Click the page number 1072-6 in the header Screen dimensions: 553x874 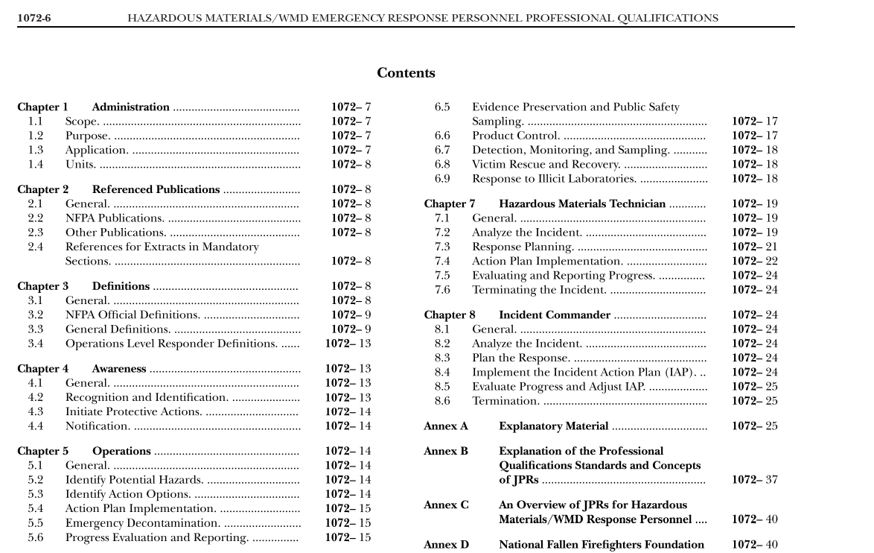point(34,18)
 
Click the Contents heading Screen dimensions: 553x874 point(406,73)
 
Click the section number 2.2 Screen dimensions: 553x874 point(36,218)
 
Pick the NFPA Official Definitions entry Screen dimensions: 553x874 point(133,315)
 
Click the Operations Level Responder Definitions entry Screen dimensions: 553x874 point(171,344)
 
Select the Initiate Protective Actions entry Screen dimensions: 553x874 point(133,411)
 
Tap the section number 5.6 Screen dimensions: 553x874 point(36,537)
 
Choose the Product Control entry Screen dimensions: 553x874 point(516,136)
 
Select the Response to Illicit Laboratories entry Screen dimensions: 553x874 point(554,179)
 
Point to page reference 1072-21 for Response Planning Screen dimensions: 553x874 point(754,247)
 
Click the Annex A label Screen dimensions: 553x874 point(446,426)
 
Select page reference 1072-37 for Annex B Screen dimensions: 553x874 point(754,480)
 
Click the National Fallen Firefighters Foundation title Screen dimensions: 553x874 point(601,545)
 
